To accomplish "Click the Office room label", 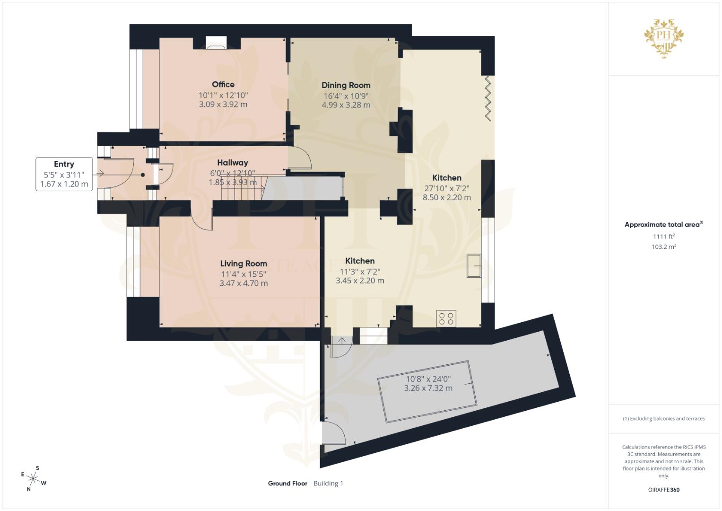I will point(223,84).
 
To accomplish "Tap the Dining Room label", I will point(346,85).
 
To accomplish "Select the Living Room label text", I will point(244,264).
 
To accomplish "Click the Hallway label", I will point(232,162).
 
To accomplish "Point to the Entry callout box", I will point(64,174).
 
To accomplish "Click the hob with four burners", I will point(446,318).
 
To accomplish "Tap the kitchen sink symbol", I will point(474,265).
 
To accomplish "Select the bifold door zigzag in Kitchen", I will point(488,99).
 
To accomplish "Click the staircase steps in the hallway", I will point(242,188).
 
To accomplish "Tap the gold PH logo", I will point(664,38).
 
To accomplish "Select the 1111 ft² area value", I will point(663,236).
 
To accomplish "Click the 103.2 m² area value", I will point(663,247).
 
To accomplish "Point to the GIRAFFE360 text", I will point(663,490).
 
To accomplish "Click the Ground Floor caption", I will point(287,483).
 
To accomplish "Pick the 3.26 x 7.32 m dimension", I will point(428,388).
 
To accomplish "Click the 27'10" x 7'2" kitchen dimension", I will point(446,188).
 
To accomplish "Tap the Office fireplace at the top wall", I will point(217,43).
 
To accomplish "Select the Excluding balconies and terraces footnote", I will point(663,419).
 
